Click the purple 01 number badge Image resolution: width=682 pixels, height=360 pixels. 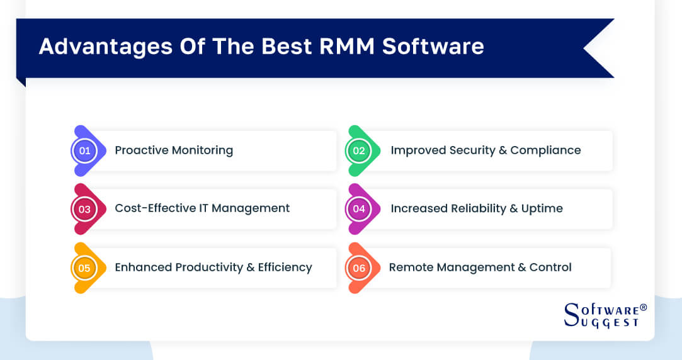point(85,151)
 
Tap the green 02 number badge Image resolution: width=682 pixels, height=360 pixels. point(360,151)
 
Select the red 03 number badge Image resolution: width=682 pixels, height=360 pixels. point(85,209)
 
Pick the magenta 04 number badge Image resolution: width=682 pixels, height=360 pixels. point(360,209)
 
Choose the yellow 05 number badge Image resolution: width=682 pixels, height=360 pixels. point(85,268)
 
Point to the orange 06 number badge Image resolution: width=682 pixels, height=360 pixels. point(360,268)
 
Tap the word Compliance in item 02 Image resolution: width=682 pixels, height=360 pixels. point(545,150)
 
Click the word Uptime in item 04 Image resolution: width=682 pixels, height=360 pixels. point(542,208)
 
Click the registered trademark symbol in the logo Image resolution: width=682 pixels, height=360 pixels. point(643,307)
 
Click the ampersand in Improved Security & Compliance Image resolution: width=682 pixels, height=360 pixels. point(502,150)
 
